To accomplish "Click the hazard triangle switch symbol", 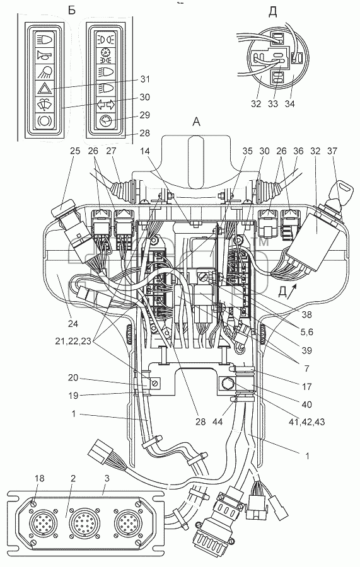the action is [x=45, y=88].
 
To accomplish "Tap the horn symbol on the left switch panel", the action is [x=45, y=55].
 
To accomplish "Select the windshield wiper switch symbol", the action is [x=45, y=105].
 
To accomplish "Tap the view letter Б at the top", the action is [x=72, y=10].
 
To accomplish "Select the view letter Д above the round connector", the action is [x=273, y=13].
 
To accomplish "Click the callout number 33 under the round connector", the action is [x=273, y=104].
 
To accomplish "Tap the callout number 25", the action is [x=76, y=151].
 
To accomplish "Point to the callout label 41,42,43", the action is [x=306, y=421].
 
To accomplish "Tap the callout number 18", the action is [x=40, y=478].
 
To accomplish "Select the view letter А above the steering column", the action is [x=195, y=123].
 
